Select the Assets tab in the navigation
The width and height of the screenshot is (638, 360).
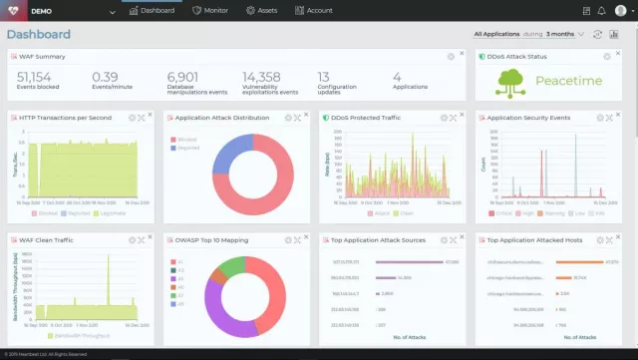(263, 10)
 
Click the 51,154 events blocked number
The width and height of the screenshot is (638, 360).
(35, 77)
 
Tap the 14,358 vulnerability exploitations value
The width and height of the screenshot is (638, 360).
(262, 77)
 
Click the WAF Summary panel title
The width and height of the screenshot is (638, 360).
(42, 56)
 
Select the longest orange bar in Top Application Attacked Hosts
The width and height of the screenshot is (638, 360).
(574, 262)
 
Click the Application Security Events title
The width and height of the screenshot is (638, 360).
(528, 117)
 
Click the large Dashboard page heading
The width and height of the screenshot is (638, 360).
(39, 34)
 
